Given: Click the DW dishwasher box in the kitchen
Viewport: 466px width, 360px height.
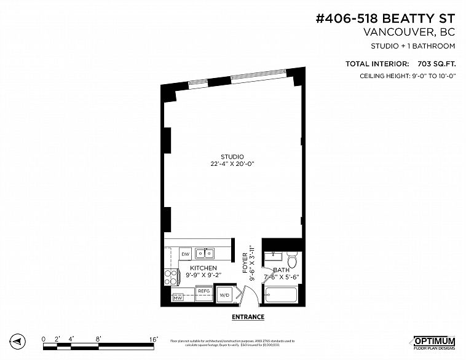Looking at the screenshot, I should pos(185,254).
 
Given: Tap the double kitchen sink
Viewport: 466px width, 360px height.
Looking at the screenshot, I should pos(205,253).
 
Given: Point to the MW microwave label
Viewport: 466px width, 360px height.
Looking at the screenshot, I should pos(178,298).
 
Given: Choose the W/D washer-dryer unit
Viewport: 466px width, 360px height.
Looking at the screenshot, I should pos(224,295).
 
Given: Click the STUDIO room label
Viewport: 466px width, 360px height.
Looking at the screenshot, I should pos(232,157).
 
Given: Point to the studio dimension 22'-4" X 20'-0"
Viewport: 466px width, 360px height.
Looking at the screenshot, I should pos(232,164).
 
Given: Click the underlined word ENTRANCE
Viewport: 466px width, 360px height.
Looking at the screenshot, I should pos(248,317).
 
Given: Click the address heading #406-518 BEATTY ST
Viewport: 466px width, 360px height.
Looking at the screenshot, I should pos(385,19).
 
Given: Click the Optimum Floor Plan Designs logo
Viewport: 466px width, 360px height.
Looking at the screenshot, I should pos(433,342).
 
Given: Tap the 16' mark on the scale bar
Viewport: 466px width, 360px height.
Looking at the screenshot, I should pos(154,338).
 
